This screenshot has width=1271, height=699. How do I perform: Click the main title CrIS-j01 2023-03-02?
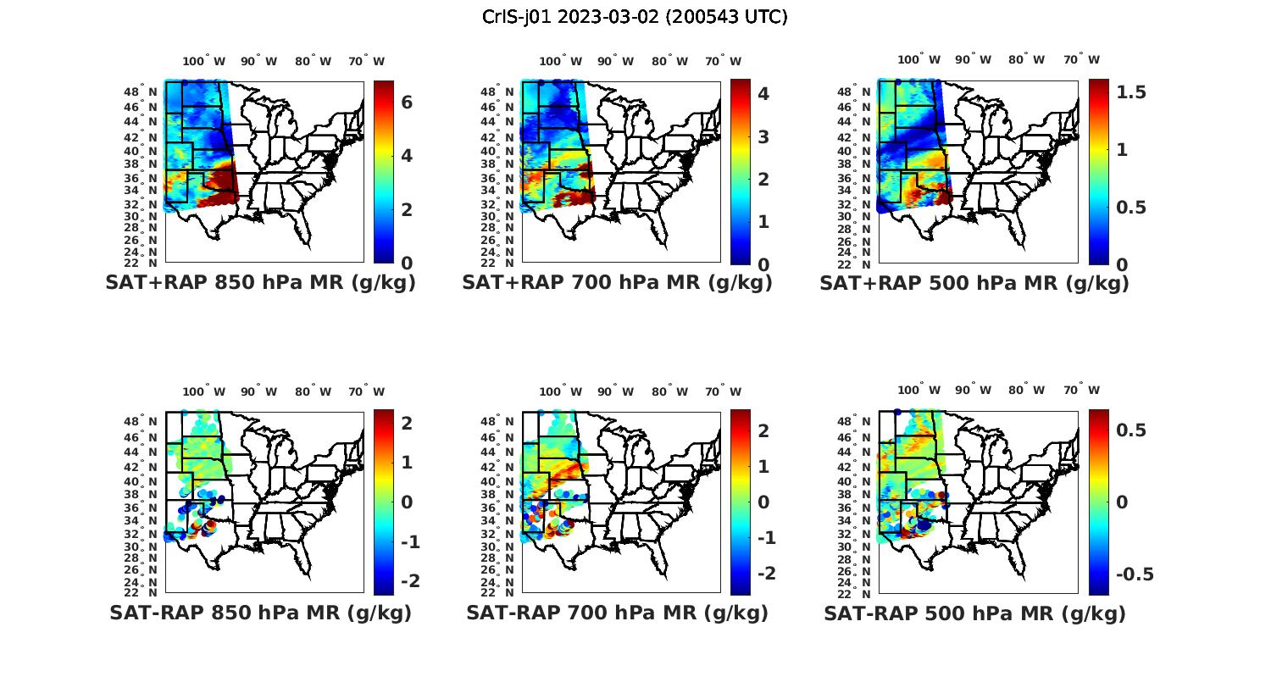[635, 17]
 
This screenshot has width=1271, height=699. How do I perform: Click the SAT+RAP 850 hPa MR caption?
[260, 283]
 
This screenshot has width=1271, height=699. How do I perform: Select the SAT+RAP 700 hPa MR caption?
[617, 283]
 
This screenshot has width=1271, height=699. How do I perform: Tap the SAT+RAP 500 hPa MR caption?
[974, 283]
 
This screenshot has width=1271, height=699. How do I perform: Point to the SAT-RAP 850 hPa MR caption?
[260, 613]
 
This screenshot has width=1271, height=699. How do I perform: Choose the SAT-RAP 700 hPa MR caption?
[617, 613]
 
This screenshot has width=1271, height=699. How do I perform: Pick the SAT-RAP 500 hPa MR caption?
[974, 613]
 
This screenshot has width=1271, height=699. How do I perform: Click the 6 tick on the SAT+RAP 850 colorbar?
[407, 102]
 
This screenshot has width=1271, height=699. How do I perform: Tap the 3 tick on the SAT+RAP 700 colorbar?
[763, 136]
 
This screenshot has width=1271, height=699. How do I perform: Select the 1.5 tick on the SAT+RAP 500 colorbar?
[1131, 92]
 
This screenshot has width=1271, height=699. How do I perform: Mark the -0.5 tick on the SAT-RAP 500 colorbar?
[1135, 574]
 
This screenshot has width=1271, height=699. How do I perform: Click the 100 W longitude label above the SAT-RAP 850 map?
[203, 391]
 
